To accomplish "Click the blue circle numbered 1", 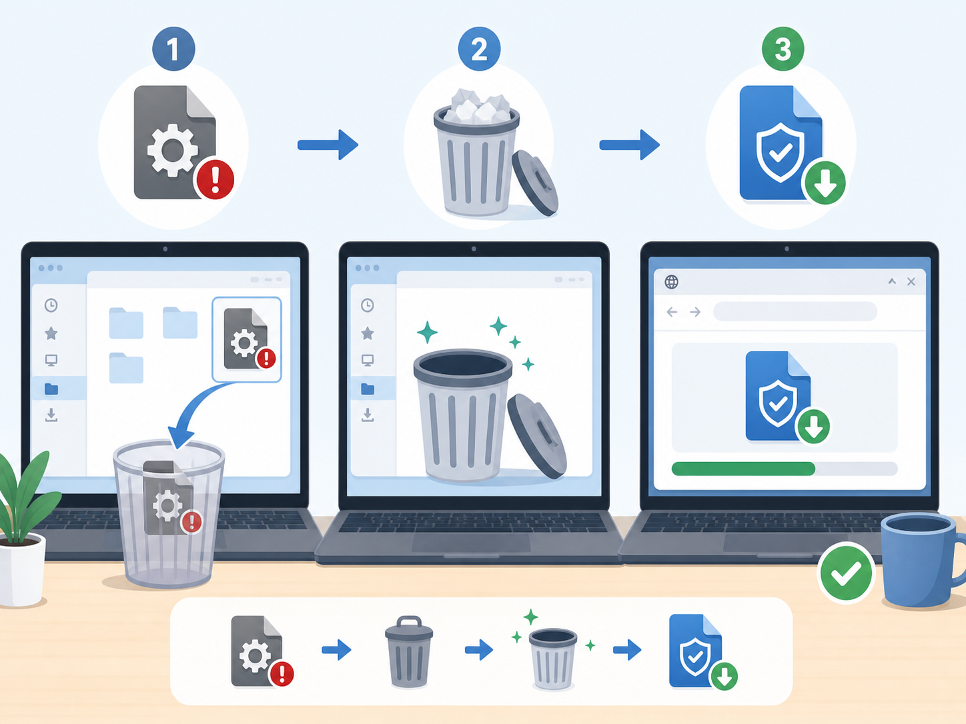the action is click(x=173, y=49).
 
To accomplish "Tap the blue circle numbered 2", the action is click(x=479, y=49).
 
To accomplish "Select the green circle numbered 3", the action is click(x=783, y=49).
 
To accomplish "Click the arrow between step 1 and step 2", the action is click(x=328, y=145).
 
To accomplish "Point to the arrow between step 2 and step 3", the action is click(x=629, y=145).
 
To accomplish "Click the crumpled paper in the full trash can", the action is click(x=476, y=105).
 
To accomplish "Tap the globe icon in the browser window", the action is click(x=671, y=282).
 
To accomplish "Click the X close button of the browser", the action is click(x=911, y=281).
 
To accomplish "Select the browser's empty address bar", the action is click(x=795, y=312).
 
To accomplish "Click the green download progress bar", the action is click(x=743, y=469).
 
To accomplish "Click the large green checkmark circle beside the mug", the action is click(x=846, y=572).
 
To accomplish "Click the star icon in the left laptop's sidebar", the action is click(x=51, y=333).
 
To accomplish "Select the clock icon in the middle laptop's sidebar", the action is click(x=368, y=305).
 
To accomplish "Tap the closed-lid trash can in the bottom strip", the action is click(x=409, y=651).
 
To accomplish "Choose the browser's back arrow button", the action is click(x=672, y=312).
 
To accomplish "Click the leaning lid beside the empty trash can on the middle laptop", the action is click(x=536, y=436).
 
